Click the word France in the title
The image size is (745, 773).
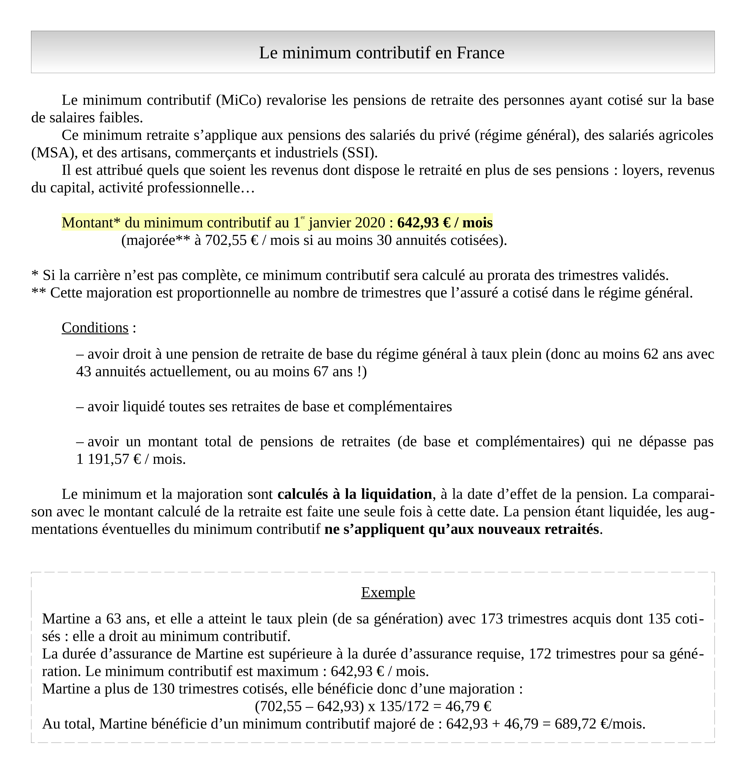tap(480, 53)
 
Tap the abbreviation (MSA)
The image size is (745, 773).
tap(54, 153)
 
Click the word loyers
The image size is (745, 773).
tap(642, 170)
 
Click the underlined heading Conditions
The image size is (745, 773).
tap(95, 328)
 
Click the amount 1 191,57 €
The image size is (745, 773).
tap(109, 459)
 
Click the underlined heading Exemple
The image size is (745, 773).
tap(388, 592)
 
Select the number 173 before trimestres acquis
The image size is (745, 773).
tap(491, 619)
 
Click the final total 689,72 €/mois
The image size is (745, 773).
tap(599, 724)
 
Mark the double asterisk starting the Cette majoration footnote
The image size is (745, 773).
tap(39, 292)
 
